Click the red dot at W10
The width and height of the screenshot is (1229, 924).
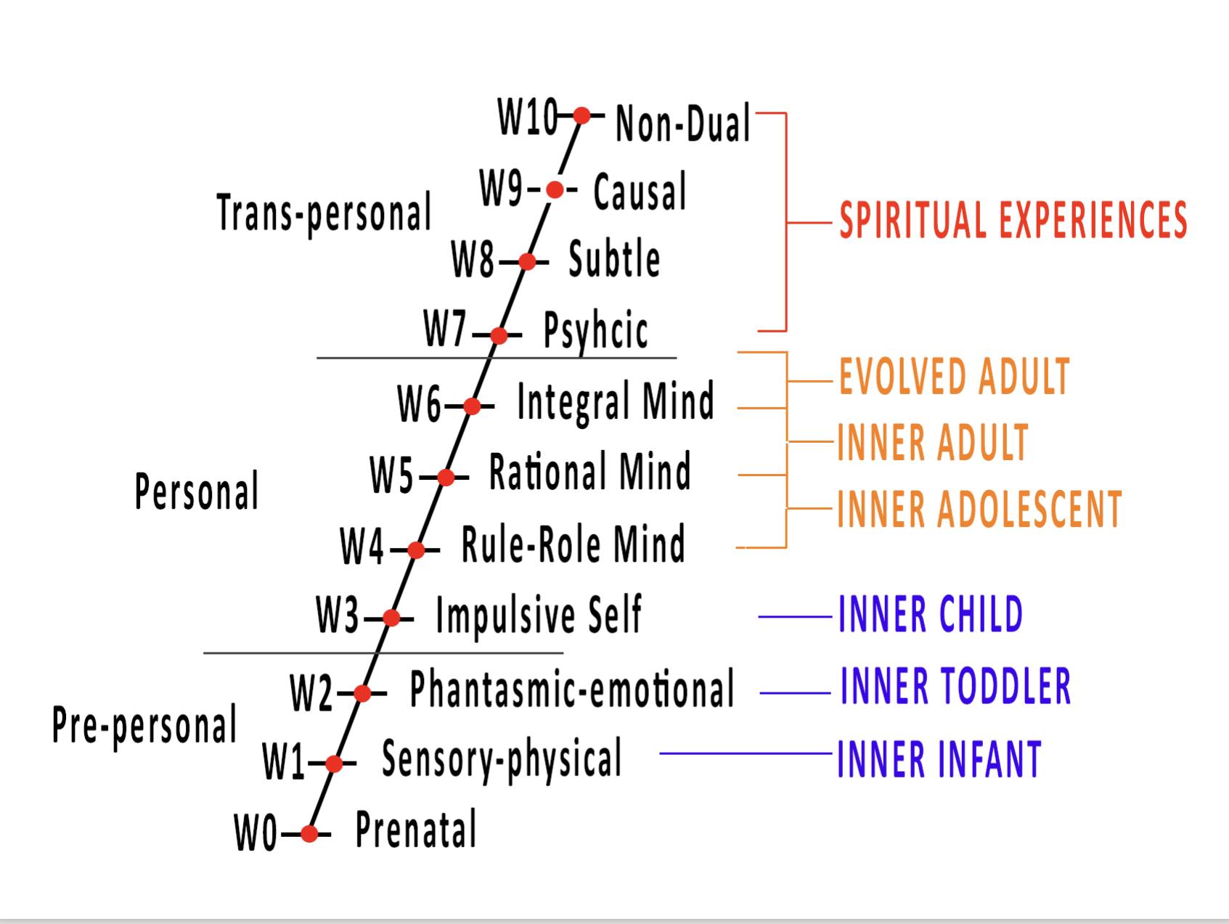581,115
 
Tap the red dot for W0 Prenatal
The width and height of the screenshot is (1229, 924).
309,833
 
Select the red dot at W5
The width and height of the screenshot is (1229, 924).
446,477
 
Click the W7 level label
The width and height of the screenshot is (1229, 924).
445,330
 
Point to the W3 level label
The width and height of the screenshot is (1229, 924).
338,616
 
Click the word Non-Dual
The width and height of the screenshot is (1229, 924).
682,123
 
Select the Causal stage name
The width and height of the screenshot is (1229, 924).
640,192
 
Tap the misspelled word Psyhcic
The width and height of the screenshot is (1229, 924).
595,331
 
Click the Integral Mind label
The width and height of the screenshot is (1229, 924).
615,401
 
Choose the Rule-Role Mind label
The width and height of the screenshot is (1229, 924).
573,544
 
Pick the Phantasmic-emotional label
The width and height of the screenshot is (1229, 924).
572,689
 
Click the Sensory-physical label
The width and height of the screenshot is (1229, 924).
502,759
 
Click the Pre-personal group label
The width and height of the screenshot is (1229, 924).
144,724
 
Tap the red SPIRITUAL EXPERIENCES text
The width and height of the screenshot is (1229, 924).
1013,220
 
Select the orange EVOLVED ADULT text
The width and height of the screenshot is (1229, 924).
954,377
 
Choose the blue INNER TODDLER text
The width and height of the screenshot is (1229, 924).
955,686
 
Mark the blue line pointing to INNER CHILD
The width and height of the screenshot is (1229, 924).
795,617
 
